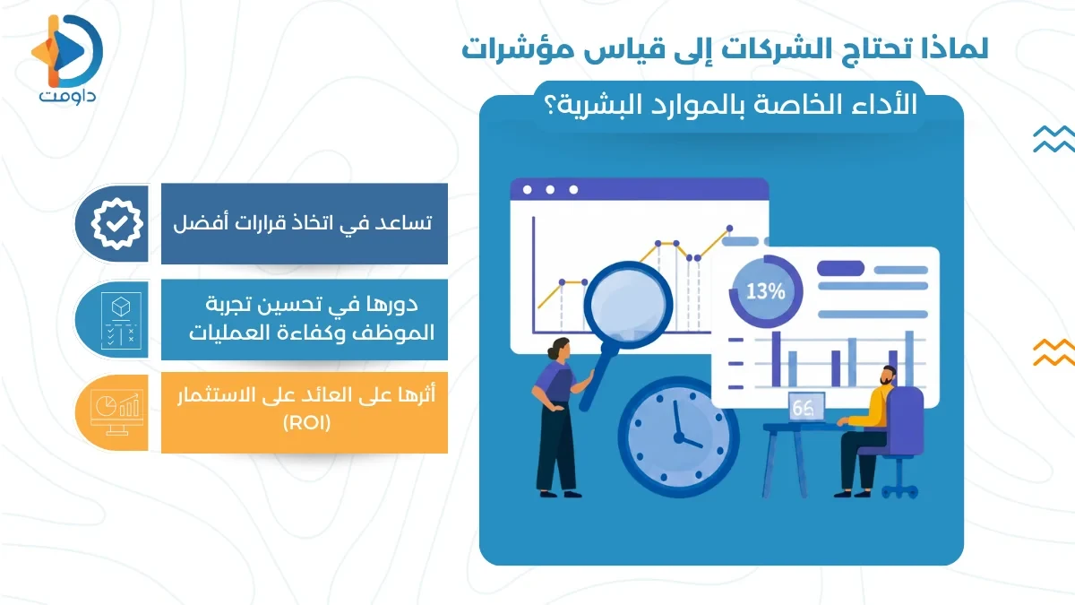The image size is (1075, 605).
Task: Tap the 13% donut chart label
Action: pos(765,290)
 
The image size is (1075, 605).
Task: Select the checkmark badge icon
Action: pos(113,224)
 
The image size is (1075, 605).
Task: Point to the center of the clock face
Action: pos(677,434)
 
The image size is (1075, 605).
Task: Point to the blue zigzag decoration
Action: pos(1053,139)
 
